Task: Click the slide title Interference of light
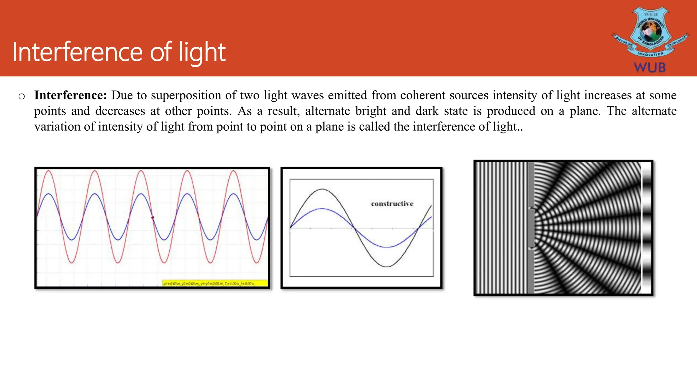tap(119, 52)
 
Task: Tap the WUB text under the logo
tap(649, 67)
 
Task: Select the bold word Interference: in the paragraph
tap(70, 95)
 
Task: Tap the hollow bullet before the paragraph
tap(22, 97)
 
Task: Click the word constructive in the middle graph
tap(392, 203)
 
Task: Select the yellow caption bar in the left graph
tap(214, 283)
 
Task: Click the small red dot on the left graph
tap(152, 218)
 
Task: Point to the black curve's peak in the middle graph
tap(322, 189)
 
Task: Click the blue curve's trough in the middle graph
tap(387, 247)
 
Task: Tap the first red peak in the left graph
tap(49, 171)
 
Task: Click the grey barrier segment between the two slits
tap(531, 228)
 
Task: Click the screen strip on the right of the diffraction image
tap(646, 227)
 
